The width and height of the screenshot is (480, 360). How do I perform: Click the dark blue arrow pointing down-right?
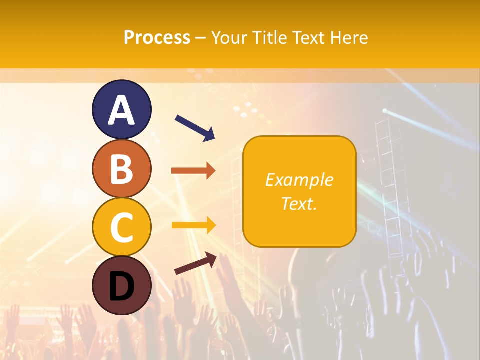coord(195,128)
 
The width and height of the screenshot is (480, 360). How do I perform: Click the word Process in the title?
coord(157,37)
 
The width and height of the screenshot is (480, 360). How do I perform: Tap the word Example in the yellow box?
coord(299,180)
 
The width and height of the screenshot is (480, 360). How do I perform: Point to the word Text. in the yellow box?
coord(299,203)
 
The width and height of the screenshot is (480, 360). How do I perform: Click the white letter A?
coord(121,111)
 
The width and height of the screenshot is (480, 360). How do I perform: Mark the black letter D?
coord(121,286)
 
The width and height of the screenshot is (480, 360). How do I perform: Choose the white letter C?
coord(121,227)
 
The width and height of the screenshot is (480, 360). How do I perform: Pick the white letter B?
coord(121,169)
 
